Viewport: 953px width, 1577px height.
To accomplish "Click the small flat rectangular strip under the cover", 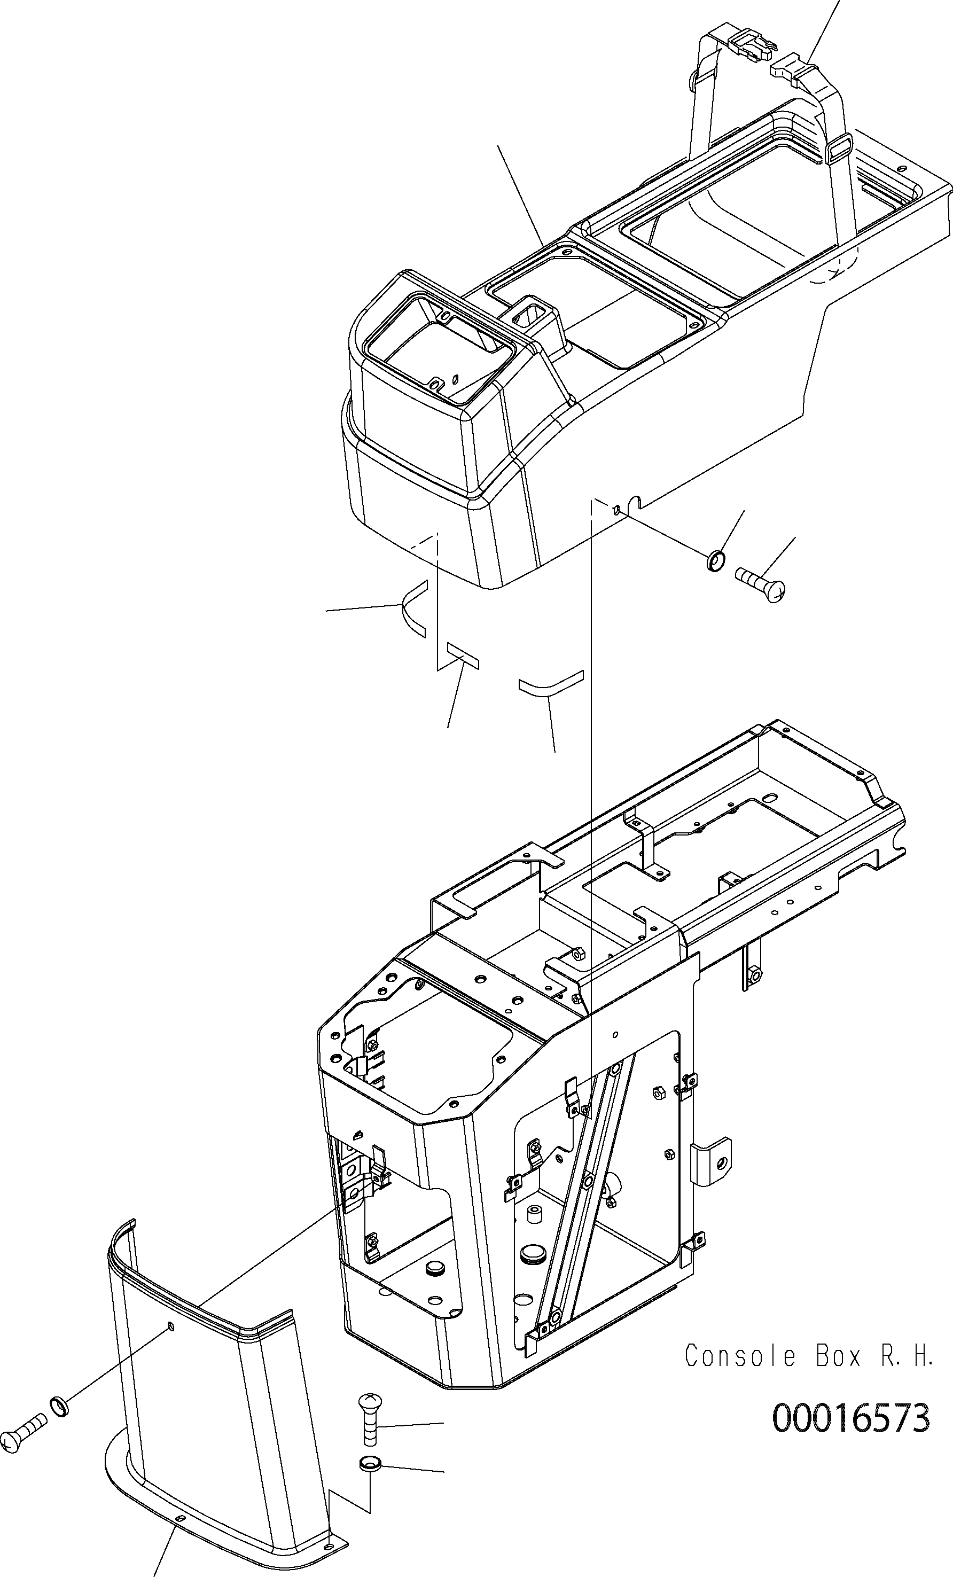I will [463, 655].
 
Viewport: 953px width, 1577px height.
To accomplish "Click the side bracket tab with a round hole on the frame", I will [714, 1163].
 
